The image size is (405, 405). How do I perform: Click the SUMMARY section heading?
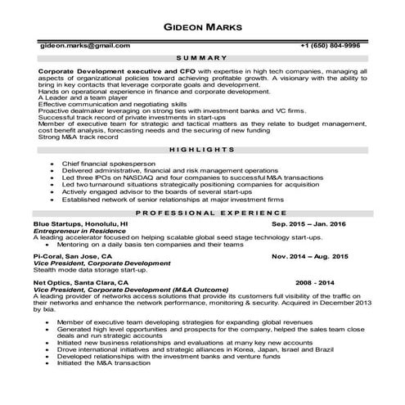tap(201, 59)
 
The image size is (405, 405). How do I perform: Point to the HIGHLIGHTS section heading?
tap(201, 151)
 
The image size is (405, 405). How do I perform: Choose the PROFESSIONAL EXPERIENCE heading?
tap(201, 212)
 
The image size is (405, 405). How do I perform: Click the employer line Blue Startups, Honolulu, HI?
tap(80, 223)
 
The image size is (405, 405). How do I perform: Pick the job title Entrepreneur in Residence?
tap(78, 231)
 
